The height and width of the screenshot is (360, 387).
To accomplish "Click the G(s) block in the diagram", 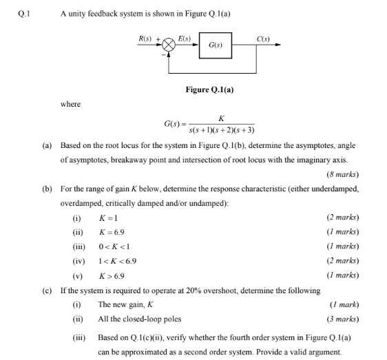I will point(215,45).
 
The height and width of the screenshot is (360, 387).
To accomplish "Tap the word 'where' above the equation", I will point(70,105).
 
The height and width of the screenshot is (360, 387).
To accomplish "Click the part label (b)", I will point(47,188).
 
